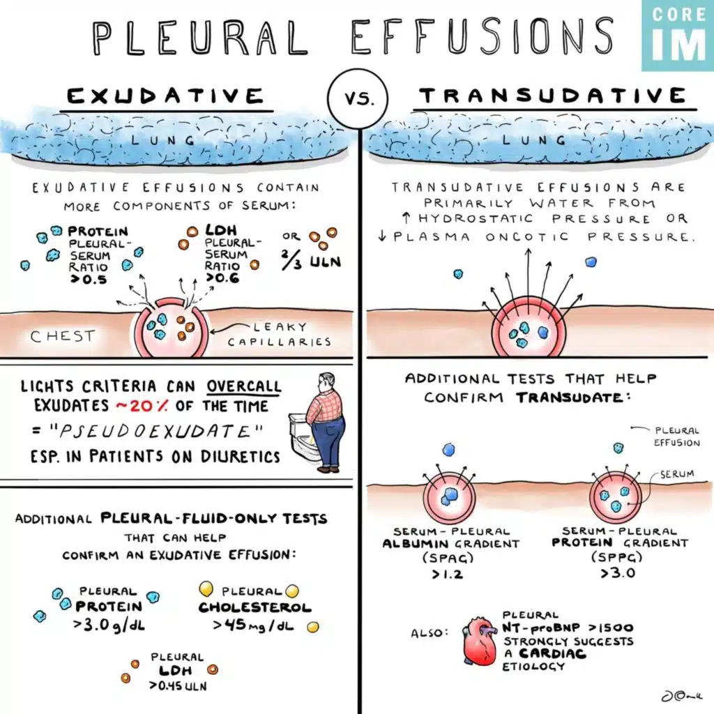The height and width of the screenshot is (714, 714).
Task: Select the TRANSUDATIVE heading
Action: (x=554, y=96)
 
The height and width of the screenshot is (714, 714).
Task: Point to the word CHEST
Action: (x=63, y=336)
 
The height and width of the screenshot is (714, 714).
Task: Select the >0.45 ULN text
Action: (x=177, y=685)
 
